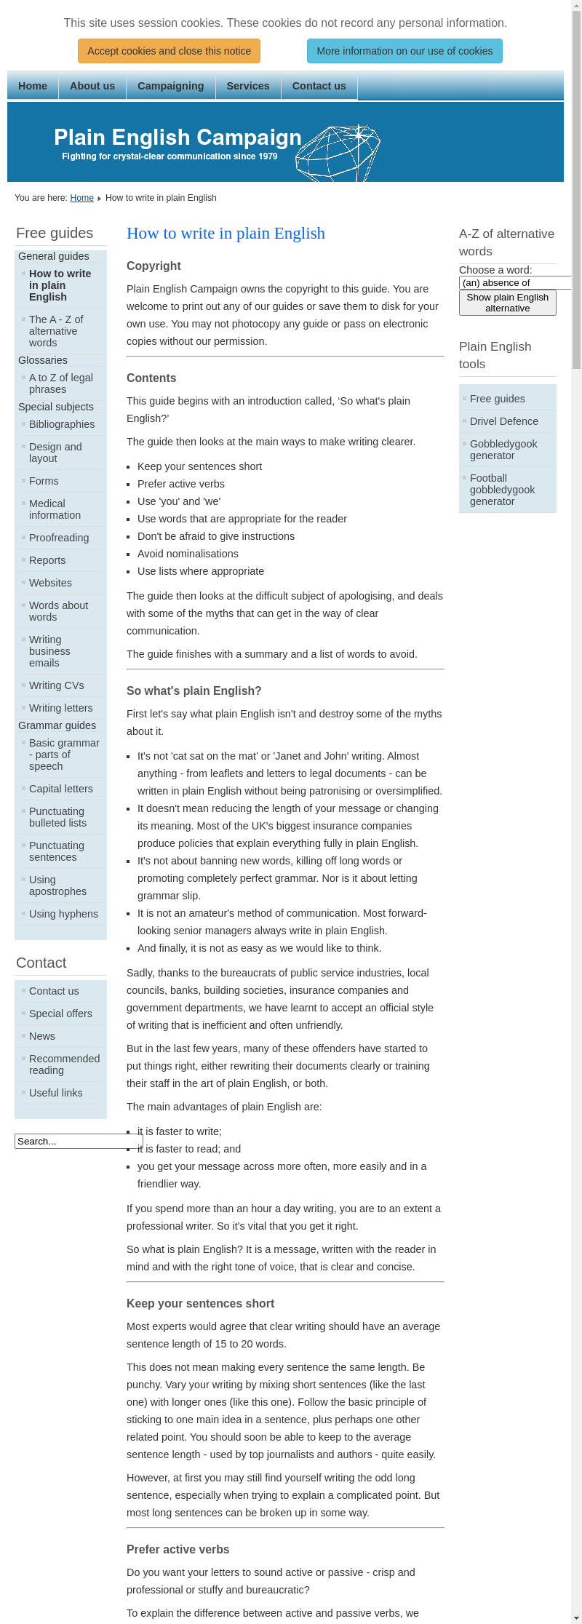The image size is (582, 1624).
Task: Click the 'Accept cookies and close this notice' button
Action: (169, 51)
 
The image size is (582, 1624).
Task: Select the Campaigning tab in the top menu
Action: (170, 86)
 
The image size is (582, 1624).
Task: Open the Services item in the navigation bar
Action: (247, 86)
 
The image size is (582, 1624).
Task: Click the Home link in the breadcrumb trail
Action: (81, 198)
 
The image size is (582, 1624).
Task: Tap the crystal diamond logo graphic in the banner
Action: (338, 152)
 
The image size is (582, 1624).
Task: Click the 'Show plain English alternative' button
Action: (507, 303)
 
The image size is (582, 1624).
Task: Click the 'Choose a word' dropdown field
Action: (515, 282)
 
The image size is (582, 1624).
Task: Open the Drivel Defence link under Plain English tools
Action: (503, 421)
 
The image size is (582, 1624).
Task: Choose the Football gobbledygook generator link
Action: (502, 490)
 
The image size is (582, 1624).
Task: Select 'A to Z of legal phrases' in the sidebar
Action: (60, 383)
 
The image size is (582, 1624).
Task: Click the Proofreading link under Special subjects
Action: (59, 538)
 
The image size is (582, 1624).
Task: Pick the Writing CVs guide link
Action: (56, 685)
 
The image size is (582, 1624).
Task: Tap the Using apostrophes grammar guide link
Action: (57, 885)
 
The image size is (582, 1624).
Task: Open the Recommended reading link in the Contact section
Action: (64, 1064)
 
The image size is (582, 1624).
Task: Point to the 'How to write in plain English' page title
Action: (226, 233)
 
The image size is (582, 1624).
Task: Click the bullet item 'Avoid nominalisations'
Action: (188, 554)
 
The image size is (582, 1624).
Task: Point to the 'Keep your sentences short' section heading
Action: (200, 1303)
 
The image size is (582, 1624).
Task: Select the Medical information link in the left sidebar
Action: (55, 509)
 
